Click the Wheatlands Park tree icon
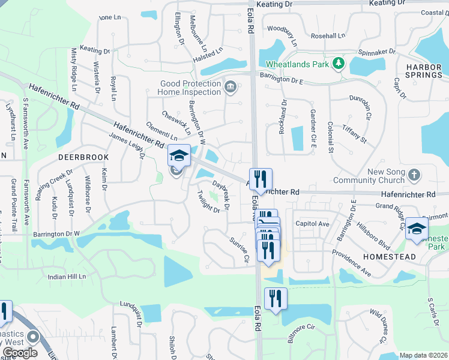point(339,62)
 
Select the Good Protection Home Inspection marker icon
point(229,88)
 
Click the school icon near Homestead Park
point(417,228)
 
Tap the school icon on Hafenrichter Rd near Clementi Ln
point(178,155)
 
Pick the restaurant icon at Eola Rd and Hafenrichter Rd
point(260,178)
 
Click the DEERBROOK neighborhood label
point(83,157)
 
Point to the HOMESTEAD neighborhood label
point(390,256)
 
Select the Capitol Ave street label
point(312,224)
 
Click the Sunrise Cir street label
point(238,250)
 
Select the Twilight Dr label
point(208,201)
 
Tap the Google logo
point(19,352)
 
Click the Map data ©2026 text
point(423,355)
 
